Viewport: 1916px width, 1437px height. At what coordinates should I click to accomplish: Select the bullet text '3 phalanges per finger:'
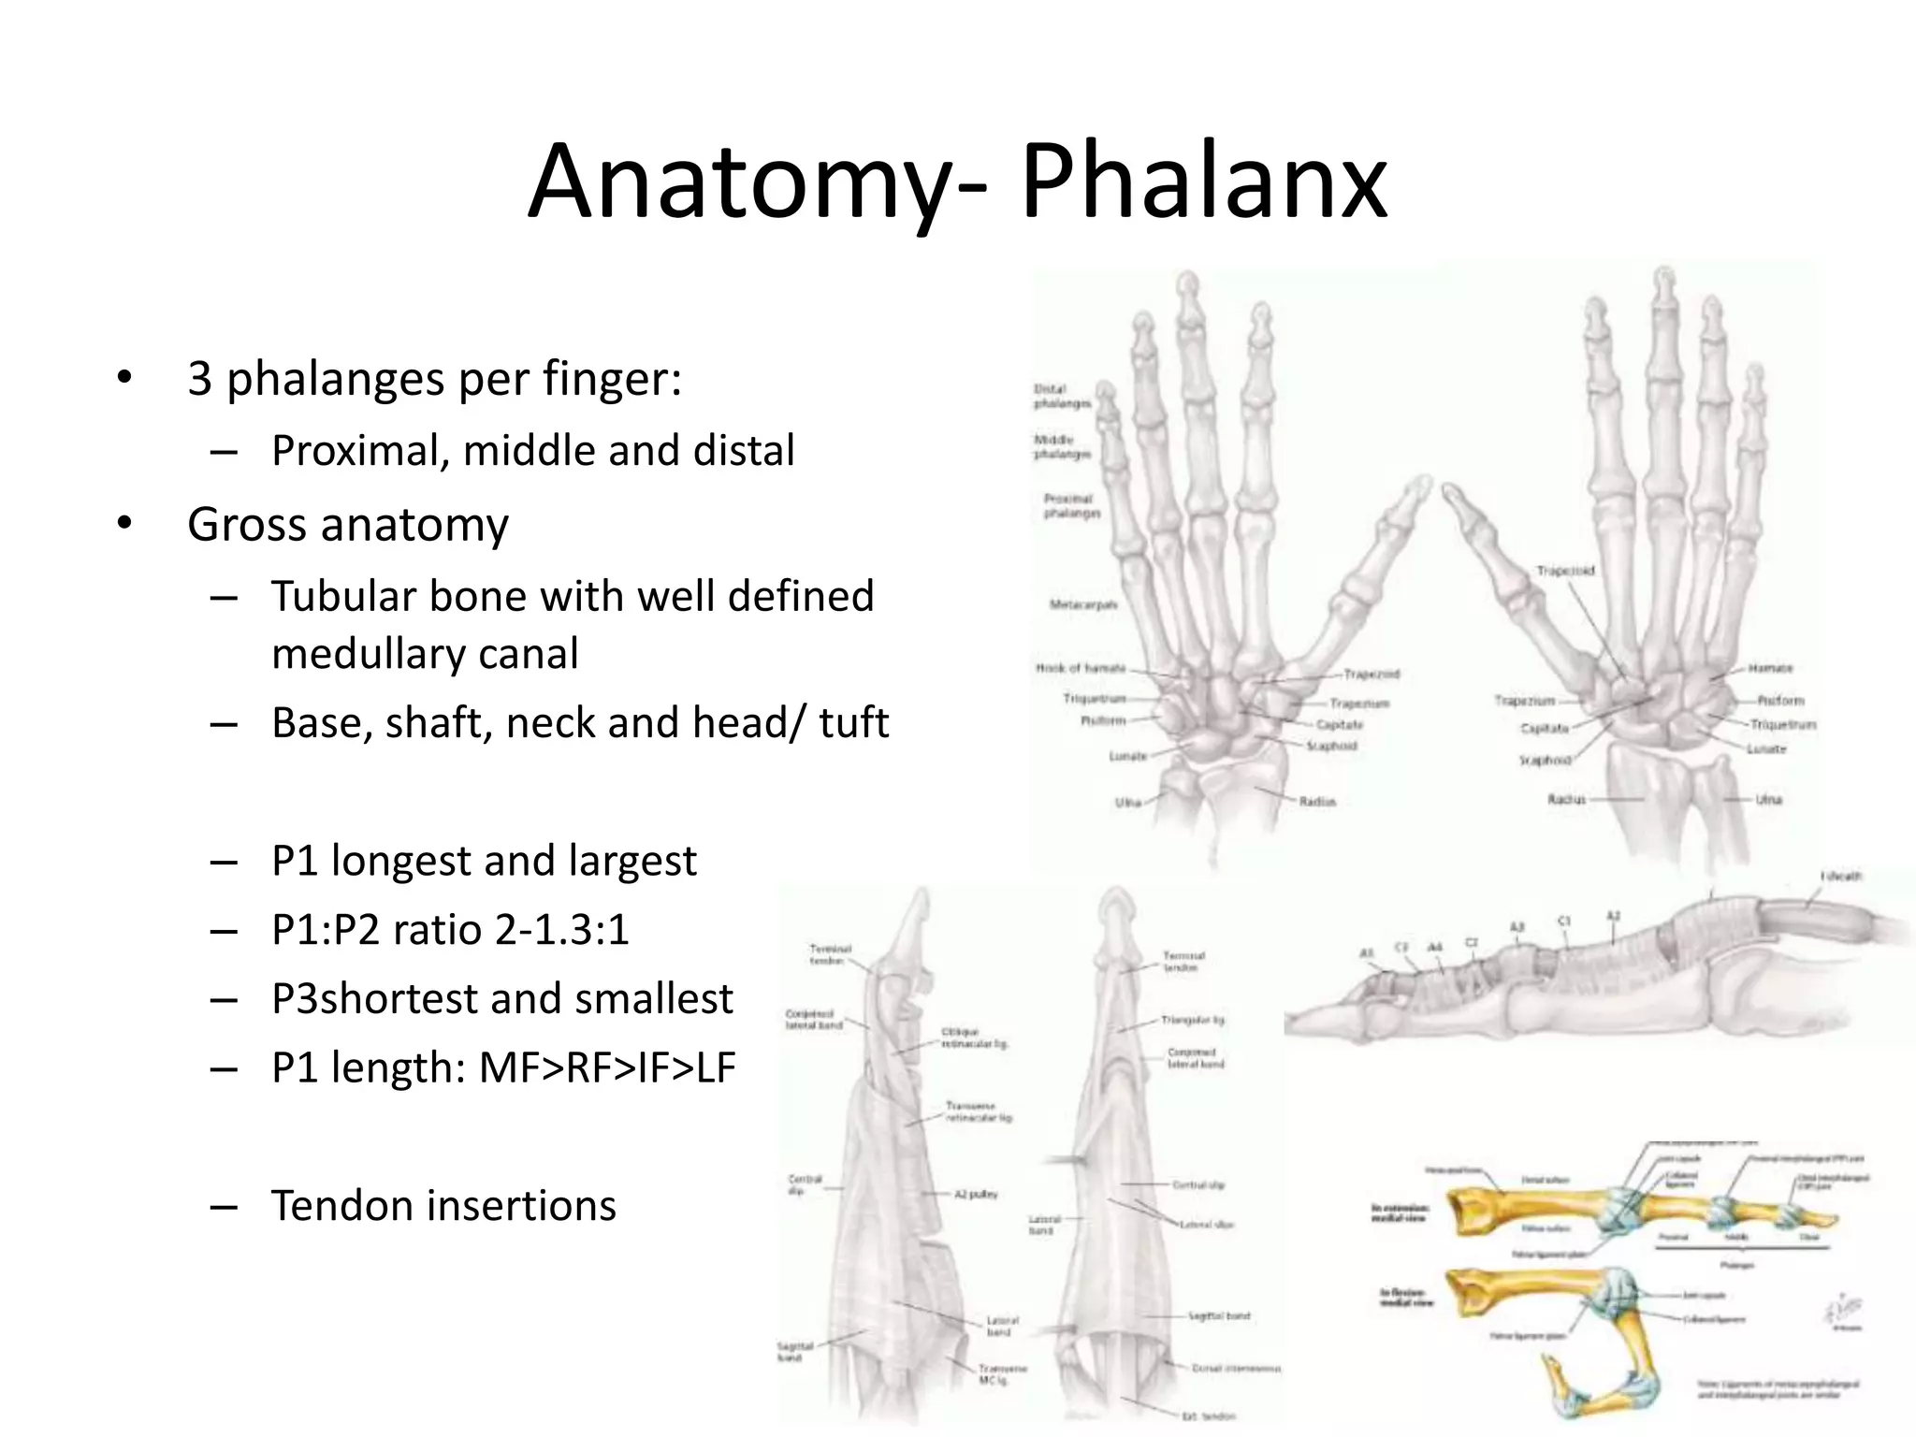434,379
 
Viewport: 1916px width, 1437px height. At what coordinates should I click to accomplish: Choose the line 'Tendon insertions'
443,1205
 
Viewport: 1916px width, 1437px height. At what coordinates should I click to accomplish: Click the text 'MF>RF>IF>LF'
607,1067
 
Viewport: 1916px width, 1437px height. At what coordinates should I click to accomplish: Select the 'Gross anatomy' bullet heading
347,524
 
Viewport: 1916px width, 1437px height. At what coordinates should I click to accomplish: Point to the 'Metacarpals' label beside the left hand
1083,604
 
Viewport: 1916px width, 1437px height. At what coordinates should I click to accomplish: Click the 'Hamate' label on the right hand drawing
1770,668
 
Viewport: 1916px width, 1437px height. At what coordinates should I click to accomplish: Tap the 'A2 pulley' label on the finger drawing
976,1194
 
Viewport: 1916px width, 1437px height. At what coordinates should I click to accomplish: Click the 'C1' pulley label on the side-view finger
1563,922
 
